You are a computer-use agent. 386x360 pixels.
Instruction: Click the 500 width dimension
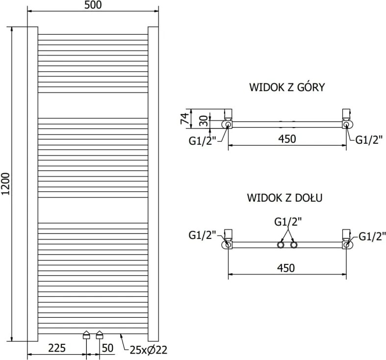click(93, 5)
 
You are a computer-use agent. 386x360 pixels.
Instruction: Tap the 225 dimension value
click(57, 348)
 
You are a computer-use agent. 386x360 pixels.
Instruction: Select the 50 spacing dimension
click(107, 348)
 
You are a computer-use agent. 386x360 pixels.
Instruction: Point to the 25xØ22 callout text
click(149, 350)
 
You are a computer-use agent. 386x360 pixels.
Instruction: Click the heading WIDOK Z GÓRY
click(287, 87)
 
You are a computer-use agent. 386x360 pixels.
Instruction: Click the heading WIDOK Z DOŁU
click(285, 198)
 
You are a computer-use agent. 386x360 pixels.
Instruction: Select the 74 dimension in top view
click(185, 118)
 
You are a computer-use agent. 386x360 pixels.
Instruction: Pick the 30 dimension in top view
click(204, 121)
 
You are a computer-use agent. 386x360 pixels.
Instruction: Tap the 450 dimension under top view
click(287, 139)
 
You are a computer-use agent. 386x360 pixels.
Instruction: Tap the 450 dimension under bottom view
click(286, 268)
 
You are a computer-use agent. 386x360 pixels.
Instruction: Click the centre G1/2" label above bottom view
click(288, 222)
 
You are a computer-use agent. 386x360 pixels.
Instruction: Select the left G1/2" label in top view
click(202, 141)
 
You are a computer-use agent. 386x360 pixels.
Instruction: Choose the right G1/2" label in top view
click(369, 140)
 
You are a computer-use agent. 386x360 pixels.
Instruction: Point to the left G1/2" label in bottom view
click(202, 235)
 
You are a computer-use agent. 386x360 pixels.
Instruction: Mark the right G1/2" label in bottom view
click(372, 236)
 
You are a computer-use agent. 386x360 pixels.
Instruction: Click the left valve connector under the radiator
click(86, 335)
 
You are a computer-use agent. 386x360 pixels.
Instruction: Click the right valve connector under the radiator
click(100, 335)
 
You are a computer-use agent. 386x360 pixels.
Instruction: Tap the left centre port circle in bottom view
click(281, 245)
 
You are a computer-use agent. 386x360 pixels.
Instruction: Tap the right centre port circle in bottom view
click(294, 245)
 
